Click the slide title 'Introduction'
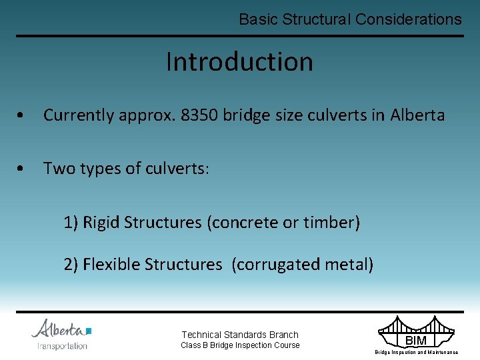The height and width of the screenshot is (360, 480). (x=239, y=62)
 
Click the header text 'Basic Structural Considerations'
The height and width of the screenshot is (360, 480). (x=350, y=19)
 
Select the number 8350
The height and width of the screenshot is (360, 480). (x=199, y=115)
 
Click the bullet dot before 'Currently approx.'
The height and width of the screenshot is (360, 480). (x=22, y=116)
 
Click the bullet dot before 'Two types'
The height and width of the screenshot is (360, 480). (x=22, y=169)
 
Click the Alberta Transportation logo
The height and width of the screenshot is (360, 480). (x=61, y=334)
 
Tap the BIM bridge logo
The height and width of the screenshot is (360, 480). (x=416, y=333)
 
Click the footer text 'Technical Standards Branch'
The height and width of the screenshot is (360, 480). (x=240, y=335)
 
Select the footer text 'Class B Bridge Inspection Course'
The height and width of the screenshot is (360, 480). (x=240, y=345)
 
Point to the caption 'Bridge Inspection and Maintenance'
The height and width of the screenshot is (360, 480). (x=416, y=352)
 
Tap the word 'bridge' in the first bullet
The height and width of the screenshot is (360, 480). (x=247, y=115)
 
